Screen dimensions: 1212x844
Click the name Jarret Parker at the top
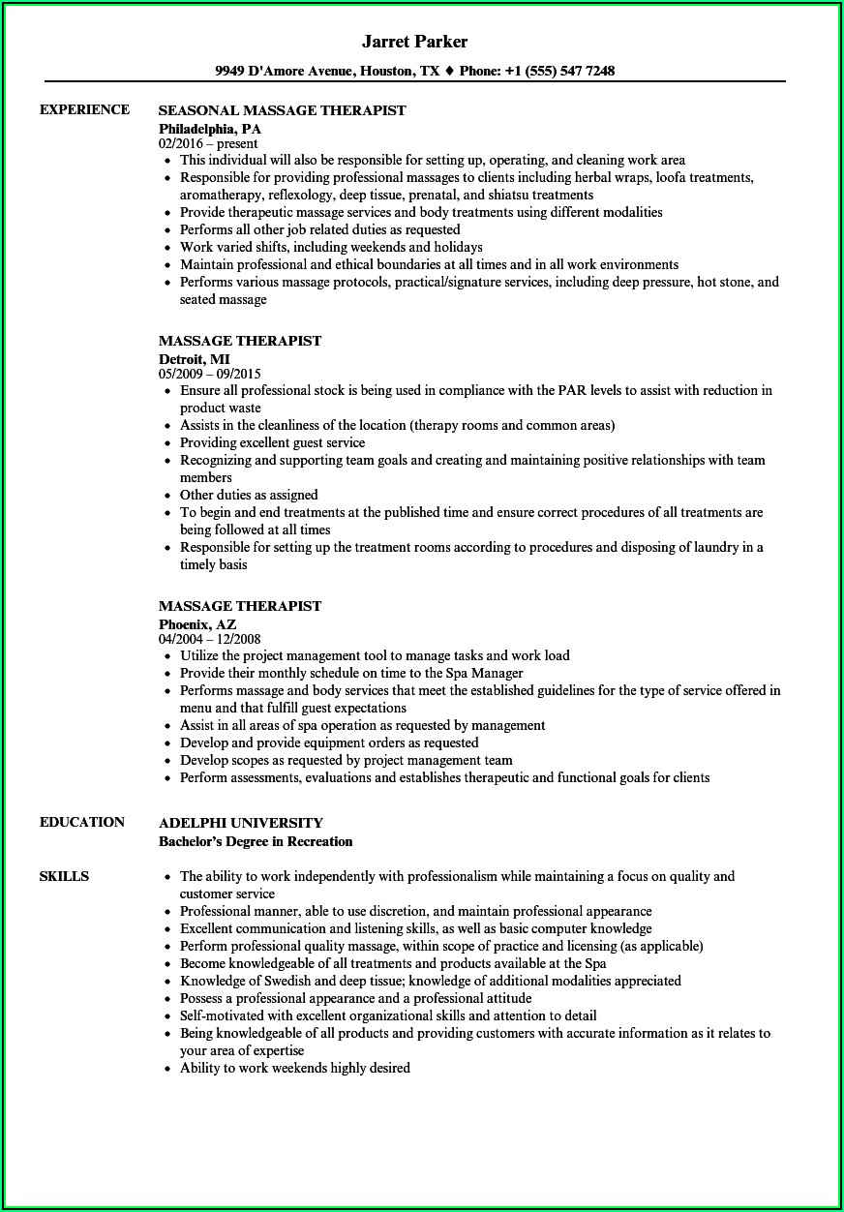click(x=414, y=42)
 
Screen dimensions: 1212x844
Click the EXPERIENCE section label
click(x=84, y=109)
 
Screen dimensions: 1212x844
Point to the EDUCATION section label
click(x=82, y=822)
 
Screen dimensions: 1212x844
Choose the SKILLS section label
click(x=64, y=876)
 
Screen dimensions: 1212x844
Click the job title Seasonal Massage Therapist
click(x=282, y=110)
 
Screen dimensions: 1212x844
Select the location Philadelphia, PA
click(x=210, y=128)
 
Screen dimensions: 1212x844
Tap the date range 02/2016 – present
click(x=208, y=143)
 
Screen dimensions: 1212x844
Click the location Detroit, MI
click(x=194, y=358)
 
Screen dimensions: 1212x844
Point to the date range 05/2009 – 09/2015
click(x=210, y=374)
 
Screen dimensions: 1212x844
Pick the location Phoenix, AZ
click(x=197, y=623)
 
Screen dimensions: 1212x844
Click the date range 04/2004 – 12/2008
click(x=210, y=639)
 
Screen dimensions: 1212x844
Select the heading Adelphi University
click(x=241, y=823)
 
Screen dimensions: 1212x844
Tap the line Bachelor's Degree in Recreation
click(x=256, y=841)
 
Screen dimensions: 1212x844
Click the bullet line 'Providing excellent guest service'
click(x=272, y=442)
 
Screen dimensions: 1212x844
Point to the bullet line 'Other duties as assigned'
click(x=249, y=495)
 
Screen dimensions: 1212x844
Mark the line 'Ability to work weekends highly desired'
click(x=294, y=1068)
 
